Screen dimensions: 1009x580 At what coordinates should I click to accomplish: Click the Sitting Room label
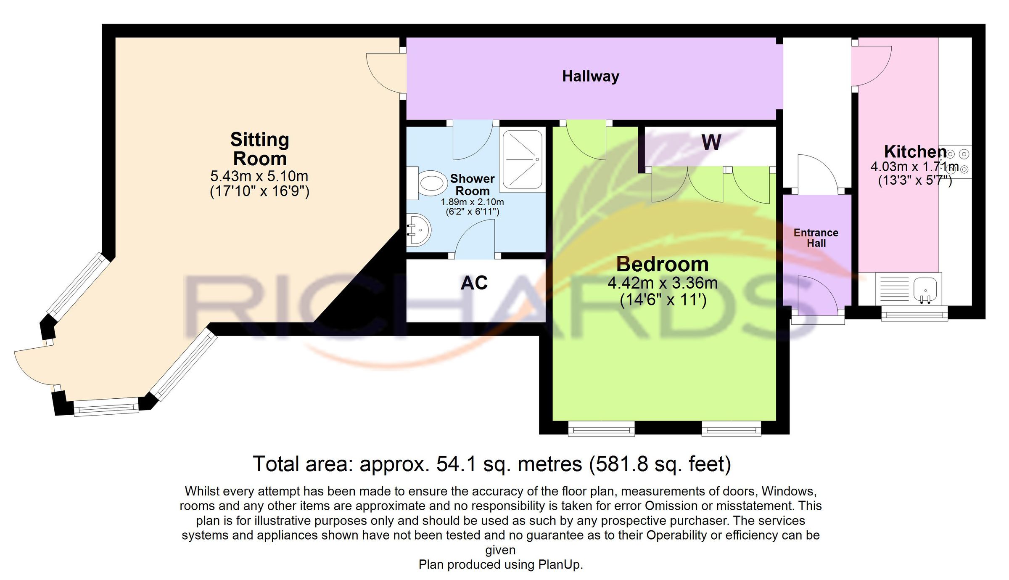(260, 149)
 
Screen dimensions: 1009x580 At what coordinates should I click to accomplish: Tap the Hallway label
(591, 76)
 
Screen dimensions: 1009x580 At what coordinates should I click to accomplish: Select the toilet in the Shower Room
(427, 183)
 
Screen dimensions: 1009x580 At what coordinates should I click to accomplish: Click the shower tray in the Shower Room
(523, 160)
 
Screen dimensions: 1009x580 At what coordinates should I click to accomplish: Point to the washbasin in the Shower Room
(418, 230)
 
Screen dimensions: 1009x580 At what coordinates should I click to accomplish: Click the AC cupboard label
(474, 283)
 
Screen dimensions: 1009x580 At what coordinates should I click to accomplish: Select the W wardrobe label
(711, 143)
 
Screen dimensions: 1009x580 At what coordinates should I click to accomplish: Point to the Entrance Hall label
(816, 238)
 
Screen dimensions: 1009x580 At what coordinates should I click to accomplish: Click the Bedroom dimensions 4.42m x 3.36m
(663, 283)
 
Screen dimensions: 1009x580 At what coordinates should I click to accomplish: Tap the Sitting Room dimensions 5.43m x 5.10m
(259, 176)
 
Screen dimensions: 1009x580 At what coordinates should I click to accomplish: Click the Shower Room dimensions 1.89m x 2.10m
(472, 202)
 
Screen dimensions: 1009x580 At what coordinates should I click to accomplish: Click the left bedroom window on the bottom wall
(601, 429)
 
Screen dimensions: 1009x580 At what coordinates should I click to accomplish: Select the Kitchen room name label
(915, 151)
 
